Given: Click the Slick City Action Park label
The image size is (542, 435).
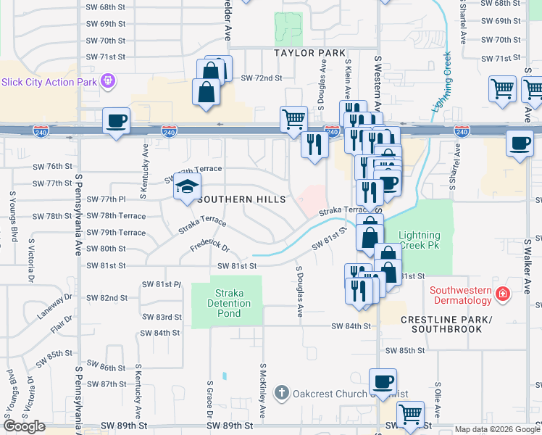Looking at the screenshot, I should tap(49, 82).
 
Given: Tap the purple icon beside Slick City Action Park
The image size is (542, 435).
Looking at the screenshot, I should tap(107, 80).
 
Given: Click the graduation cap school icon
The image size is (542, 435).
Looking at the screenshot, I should tap(187, 186).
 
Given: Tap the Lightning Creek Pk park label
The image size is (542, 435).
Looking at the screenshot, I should tap(420, 241).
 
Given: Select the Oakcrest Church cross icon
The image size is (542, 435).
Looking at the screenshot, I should tap(283, 394).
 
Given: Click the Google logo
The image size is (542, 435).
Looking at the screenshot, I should tap(25, 426).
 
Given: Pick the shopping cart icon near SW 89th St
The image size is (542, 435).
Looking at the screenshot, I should tap(410, 414).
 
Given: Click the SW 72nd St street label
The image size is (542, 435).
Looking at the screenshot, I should tap(261, 77).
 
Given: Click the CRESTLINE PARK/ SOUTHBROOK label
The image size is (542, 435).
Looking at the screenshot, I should tap(451, 324).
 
